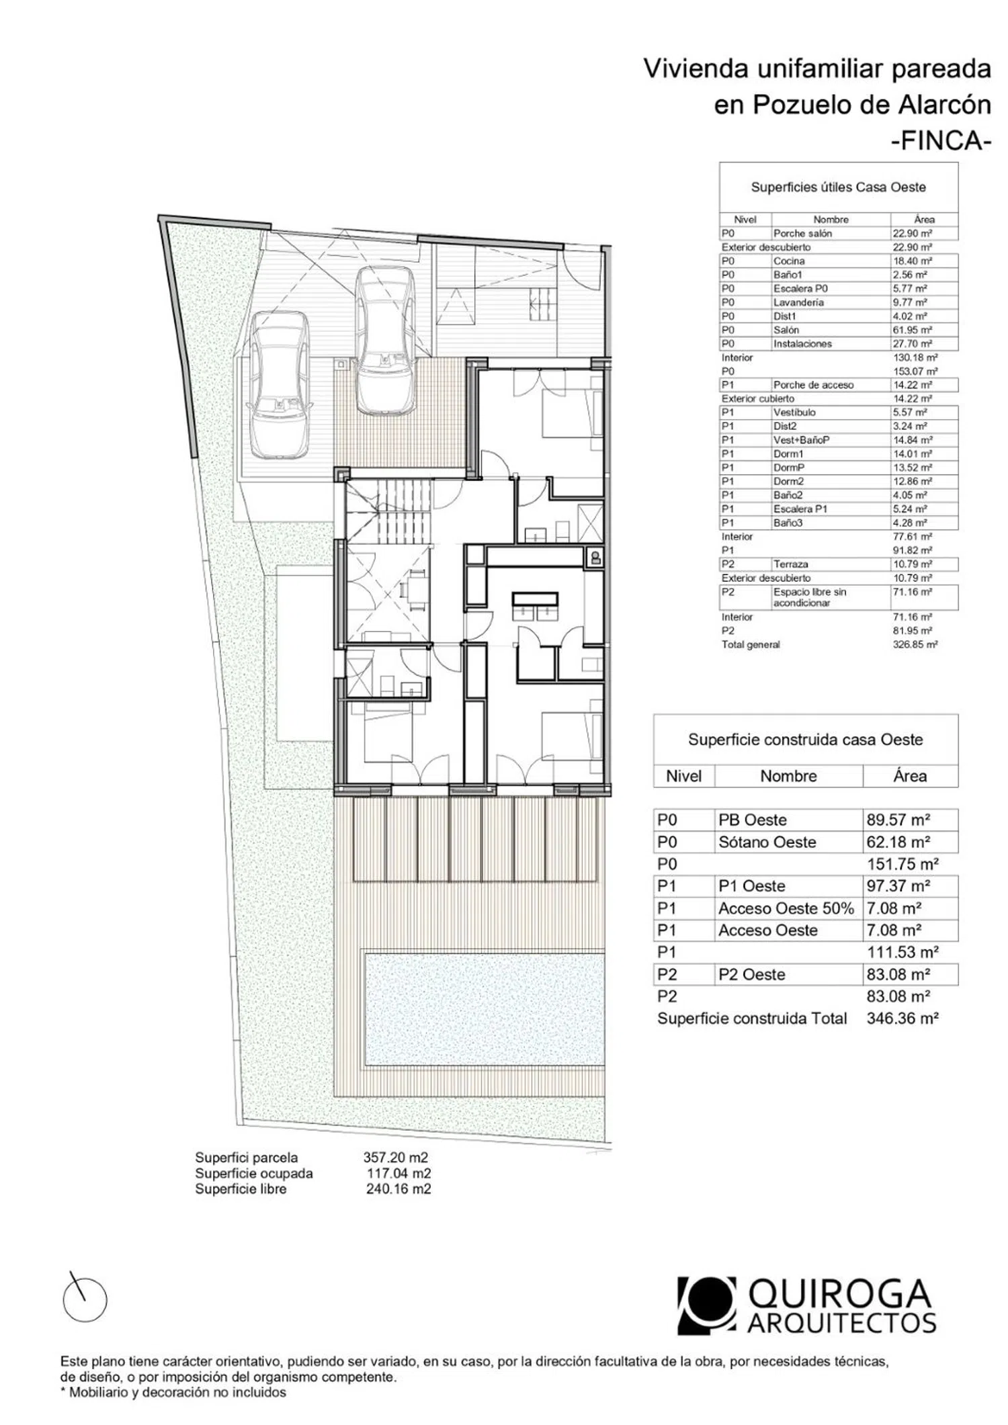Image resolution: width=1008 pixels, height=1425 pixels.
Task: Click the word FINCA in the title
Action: click(x=941, y=141)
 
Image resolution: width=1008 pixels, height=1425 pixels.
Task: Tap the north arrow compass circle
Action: click(x=85, y=1299)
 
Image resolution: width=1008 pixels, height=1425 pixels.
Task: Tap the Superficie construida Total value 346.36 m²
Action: click(x=902, y=1019)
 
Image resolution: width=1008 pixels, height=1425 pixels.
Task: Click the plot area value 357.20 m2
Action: click(x=396, y=1158)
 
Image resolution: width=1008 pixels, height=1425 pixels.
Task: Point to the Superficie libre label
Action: click(x=241, y=1189)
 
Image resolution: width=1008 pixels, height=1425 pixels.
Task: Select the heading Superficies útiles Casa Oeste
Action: click(x=838, y=187)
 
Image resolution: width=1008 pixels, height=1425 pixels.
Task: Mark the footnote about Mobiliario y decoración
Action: click(x=173, y=1393)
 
